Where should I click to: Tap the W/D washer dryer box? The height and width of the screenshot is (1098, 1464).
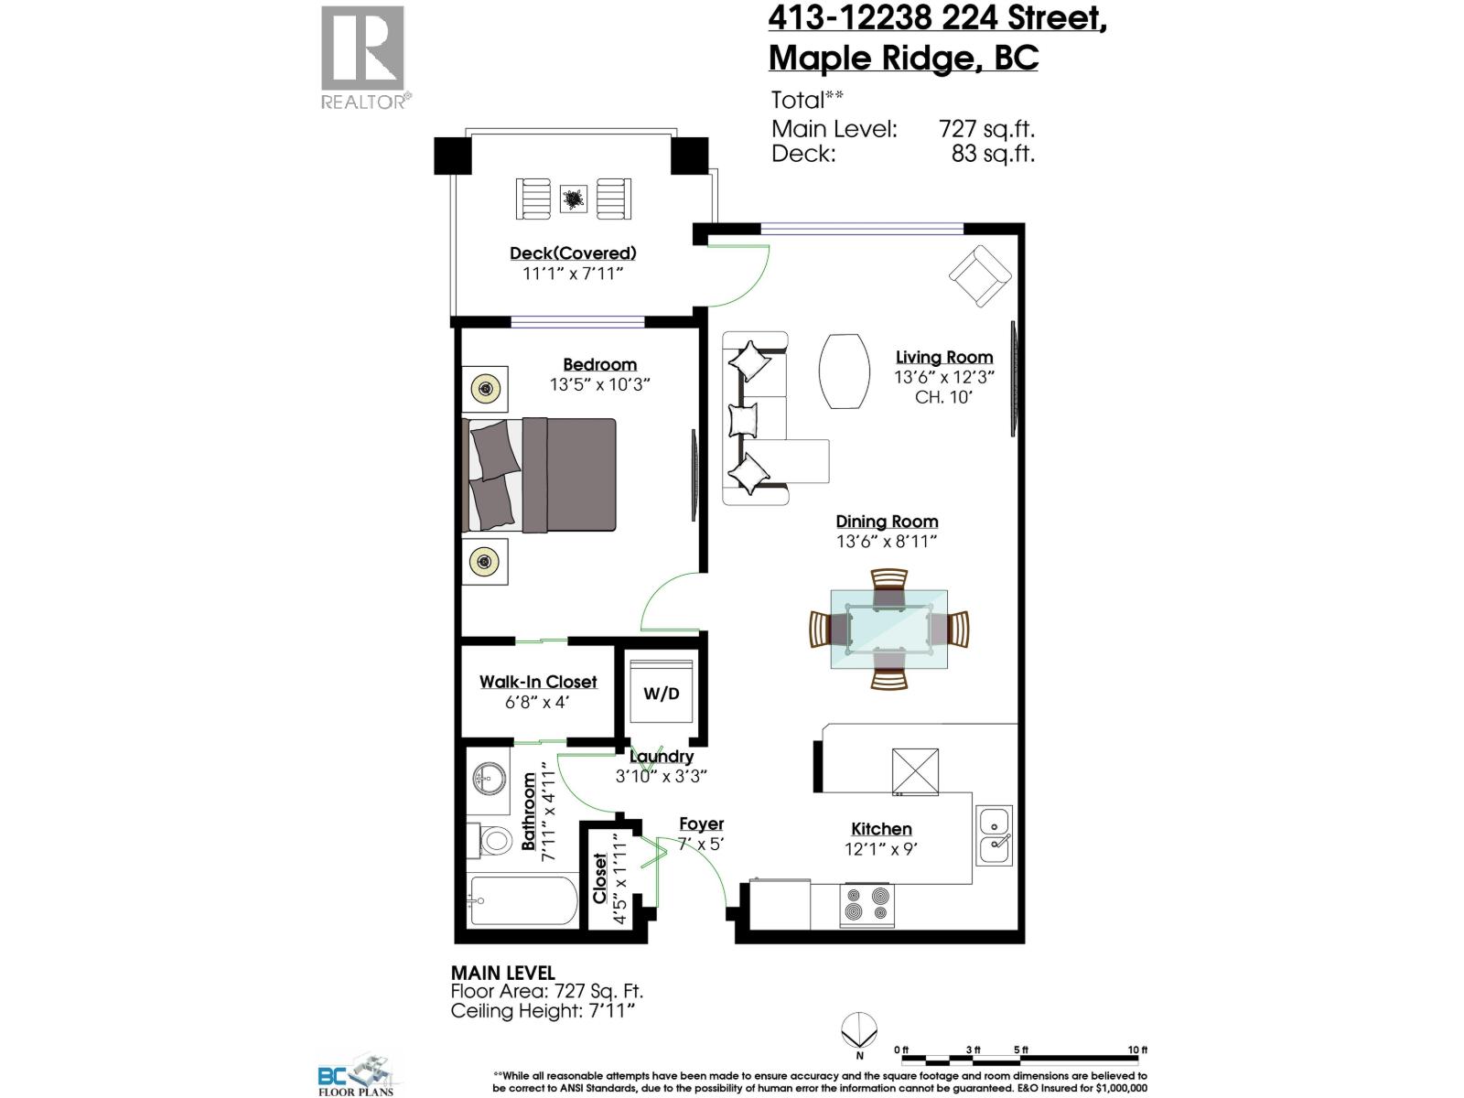tap(662, 694)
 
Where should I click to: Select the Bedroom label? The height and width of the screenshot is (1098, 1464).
tap(599, 364)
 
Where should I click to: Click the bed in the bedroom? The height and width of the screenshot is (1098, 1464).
tap(540, 475)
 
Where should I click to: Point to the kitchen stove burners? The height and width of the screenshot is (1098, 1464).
tap(866, 903)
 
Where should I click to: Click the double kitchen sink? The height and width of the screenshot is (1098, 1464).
tap(994, 835)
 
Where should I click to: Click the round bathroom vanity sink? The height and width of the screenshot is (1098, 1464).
tap(490, 780)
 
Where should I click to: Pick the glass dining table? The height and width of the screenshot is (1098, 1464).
tap(888, 630)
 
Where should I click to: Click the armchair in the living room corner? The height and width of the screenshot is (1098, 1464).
tap(979, 275)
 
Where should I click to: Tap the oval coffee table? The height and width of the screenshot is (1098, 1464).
tap(844, 371)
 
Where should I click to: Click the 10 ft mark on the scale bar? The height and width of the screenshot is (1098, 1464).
tap(1137, 1050)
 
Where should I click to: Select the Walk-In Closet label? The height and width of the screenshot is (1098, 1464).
tap(538, 682)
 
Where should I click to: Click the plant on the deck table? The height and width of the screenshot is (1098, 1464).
tap(574, 199)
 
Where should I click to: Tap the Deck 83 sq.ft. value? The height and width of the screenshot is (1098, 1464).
tap(993, 154)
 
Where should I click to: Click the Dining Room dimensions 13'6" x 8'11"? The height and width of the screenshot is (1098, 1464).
tap(887, 541)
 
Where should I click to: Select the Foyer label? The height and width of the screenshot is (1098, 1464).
tap(701, 823)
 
